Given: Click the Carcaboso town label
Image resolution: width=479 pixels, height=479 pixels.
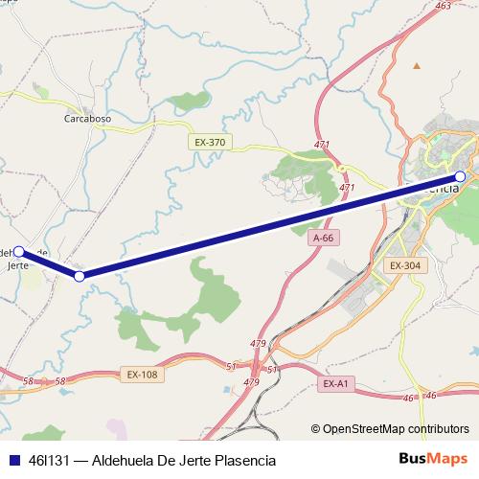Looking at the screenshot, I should click(x=87, y=119).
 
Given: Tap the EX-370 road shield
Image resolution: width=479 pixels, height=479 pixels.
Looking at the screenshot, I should click(x=209, y=142).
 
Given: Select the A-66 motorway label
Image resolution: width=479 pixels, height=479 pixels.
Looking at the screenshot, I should click(x=322, y=237).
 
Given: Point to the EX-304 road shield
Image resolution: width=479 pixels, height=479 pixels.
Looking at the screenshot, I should click(x=406, y=264).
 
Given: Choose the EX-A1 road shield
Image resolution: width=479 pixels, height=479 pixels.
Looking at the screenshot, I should click(x=335, y=383).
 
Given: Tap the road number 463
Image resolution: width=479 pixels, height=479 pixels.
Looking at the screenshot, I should click(x=442, y=6).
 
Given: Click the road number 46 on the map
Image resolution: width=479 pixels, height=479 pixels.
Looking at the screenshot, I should click(x=431, y=394).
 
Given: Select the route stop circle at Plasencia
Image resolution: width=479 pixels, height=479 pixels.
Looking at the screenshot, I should click(x=460, y=176).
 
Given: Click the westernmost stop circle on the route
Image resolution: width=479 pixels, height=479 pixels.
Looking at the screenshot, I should click(x=19, y=252).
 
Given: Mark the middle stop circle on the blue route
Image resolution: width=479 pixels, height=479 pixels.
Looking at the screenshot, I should click(x=80, y=276).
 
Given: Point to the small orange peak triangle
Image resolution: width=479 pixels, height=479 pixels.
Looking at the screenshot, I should click(x=416, y=66).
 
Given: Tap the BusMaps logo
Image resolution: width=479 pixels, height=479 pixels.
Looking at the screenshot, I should click(x=433, y=459).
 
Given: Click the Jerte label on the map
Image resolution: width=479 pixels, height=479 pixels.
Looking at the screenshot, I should click(x=19, y=266).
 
